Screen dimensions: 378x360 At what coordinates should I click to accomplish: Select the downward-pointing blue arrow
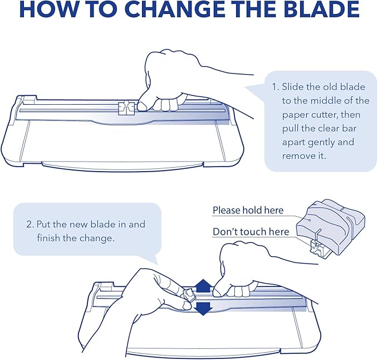click(x=204, y=308)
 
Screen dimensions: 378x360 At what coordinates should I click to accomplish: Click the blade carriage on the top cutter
click(x=126, y=108)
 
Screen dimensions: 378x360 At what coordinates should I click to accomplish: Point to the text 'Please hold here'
click(x=248, y=211)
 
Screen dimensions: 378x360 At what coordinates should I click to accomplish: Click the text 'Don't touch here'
click(x=251, y=232)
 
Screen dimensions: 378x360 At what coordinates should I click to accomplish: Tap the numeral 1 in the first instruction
click(x=274, y=87)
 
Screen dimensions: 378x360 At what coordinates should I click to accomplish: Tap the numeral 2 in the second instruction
click(x=30, y=225)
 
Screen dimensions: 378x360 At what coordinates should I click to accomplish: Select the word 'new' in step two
click(x=78, y=225)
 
